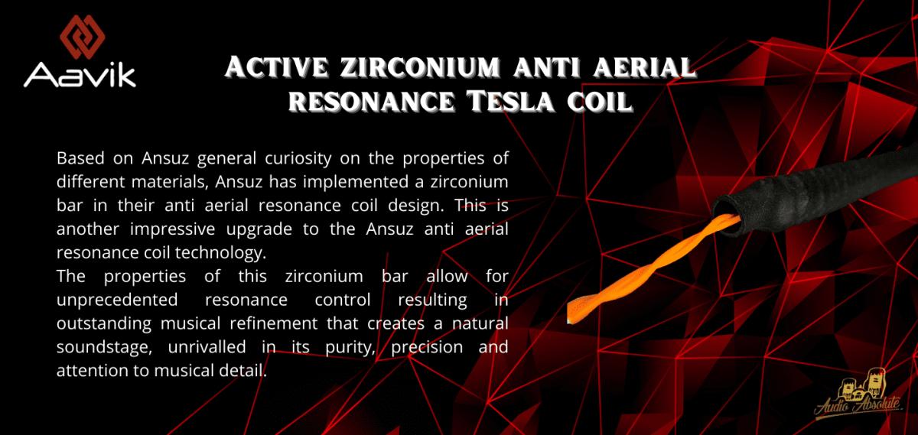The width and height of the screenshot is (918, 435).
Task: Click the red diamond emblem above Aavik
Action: (83, 37)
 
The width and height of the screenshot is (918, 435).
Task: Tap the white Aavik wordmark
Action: (80, 76)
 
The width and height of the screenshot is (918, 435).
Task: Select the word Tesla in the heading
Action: (512, 101)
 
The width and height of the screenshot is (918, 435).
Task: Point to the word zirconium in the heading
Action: (421, 67)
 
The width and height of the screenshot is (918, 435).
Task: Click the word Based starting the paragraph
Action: (80, 158)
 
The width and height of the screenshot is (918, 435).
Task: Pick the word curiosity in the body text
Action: (298, 159)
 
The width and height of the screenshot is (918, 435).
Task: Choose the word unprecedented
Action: (117, 300)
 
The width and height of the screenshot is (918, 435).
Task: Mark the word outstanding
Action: (104, 324)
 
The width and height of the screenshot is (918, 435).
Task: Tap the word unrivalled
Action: (207, 347)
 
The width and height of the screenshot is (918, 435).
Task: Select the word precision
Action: (427, 348)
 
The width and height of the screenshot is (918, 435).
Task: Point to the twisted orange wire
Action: (653, 268)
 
